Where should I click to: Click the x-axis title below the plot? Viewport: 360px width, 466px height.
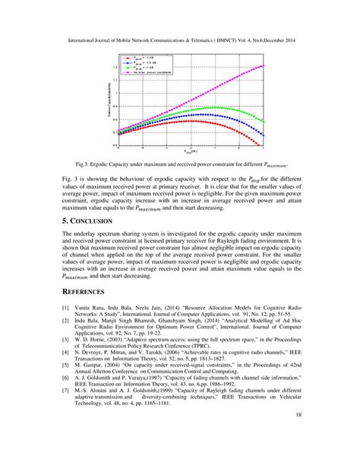[x=187, y=154]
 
